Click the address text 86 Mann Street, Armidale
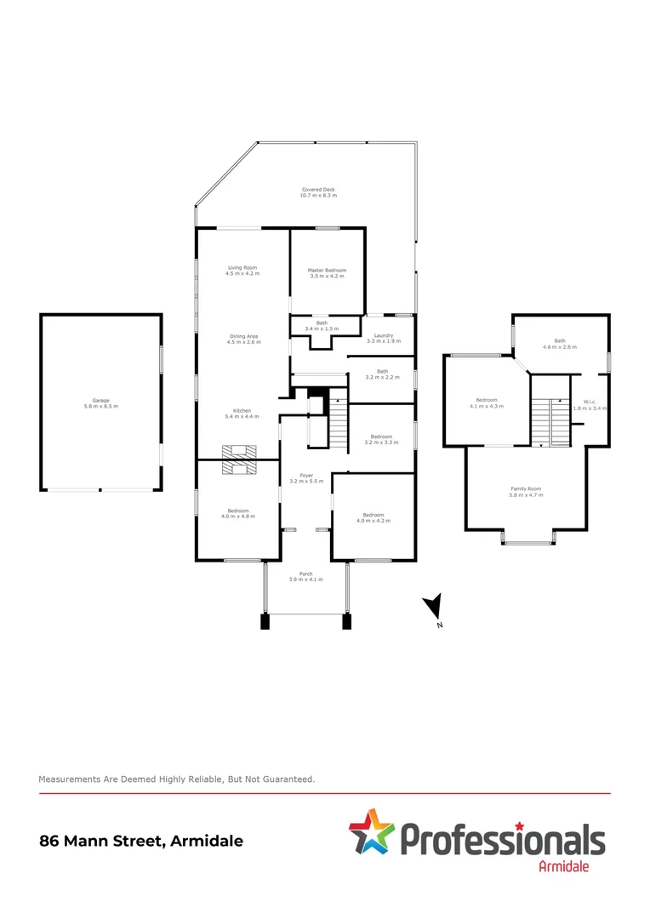coord(141,841)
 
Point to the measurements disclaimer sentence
coord(177,779)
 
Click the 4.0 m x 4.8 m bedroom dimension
coord(238,516)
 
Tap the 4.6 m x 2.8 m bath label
coord(560,345)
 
